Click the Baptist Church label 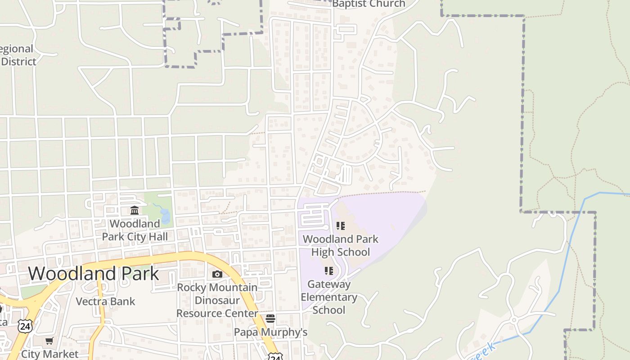369,4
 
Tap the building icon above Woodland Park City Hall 135,210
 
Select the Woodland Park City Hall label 135,230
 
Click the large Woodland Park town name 94,274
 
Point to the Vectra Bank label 105,301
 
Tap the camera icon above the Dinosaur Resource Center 217,274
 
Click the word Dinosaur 217,300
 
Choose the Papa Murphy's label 270,332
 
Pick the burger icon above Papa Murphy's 270,319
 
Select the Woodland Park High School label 341,245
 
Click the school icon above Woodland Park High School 341,225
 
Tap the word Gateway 328,284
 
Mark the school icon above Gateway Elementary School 329,270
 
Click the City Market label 49,354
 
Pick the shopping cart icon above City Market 49,341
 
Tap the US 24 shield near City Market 25,325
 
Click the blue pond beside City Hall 165,216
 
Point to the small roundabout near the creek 514,320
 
